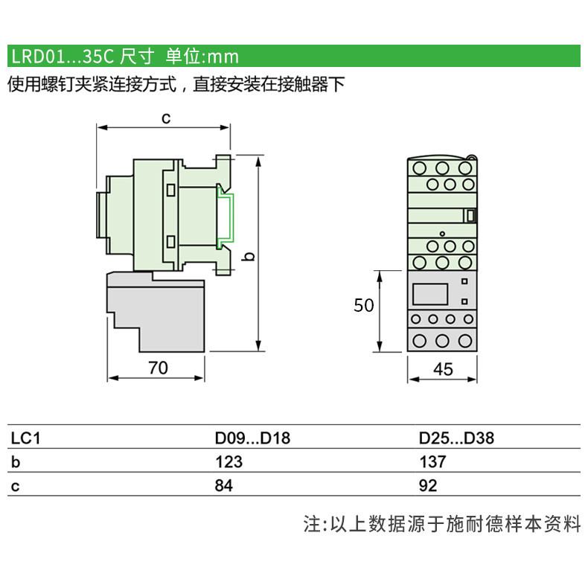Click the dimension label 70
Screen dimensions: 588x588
(158, 368)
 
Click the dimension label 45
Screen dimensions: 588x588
(443, 369)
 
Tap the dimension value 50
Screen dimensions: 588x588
(364, 305)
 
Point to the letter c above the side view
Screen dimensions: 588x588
(166, 118)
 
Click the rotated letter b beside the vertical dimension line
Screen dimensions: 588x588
(249, 257)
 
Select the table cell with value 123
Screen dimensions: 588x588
(229, 461)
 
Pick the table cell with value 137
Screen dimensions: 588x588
(432, 461)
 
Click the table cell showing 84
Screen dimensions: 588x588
(224, 485)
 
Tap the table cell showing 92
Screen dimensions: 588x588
(428, 485)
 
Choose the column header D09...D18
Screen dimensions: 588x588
(252, 438)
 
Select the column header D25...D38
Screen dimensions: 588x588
(456, 438)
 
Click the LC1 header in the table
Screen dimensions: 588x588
(25, 438)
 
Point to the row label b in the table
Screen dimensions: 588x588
(16, 461)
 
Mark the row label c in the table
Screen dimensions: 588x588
(15, 486)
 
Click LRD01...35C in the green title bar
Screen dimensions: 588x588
(63, 57)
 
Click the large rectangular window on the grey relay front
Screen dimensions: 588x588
(430, 294)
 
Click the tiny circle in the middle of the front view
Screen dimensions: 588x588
(442, 234)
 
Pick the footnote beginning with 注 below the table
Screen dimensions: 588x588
(442, 524)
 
